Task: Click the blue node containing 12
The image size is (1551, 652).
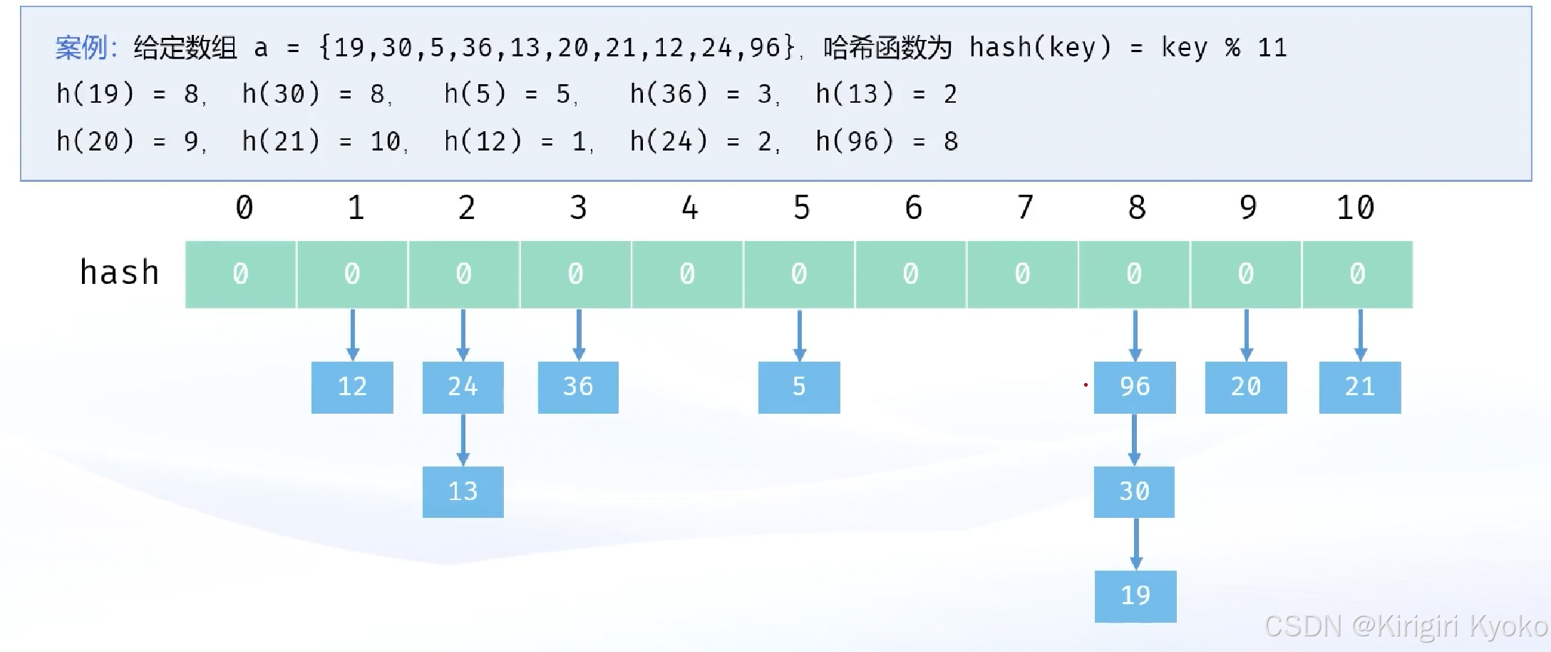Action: click(x=352, y=387)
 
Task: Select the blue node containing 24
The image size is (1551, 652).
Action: click(x=463, y=387)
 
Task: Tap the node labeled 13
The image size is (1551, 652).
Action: click(x=463, y=491)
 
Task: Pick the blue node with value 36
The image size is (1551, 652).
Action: click(x=578, y=387)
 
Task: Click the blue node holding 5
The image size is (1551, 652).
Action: click(x=799, y=387)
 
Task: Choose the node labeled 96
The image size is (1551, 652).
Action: click(x=1135, y=387)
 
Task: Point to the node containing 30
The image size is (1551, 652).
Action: click(x=1134, y=491)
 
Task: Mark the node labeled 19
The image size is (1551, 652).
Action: click(x=1135, y=596)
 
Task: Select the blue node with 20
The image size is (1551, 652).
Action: click(x=1246, y=387)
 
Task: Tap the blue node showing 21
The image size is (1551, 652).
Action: click(x=1360, y=387)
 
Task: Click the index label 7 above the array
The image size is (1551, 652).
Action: click(x=1025, y=208)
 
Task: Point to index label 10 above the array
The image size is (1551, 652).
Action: click(x=1355, y=208)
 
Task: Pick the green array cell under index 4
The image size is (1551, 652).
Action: click(x=687, y=274)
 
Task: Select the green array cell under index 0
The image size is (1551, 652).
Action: click(x=241, y=274)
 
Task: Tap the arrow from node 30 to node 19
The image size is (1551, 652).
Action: click(x=1136, y=544)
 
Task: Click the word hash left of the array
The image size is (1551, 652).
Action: click(x=119, y=272)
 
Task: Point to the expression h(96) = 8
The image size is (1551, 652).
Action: click(x=887, y=141)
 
